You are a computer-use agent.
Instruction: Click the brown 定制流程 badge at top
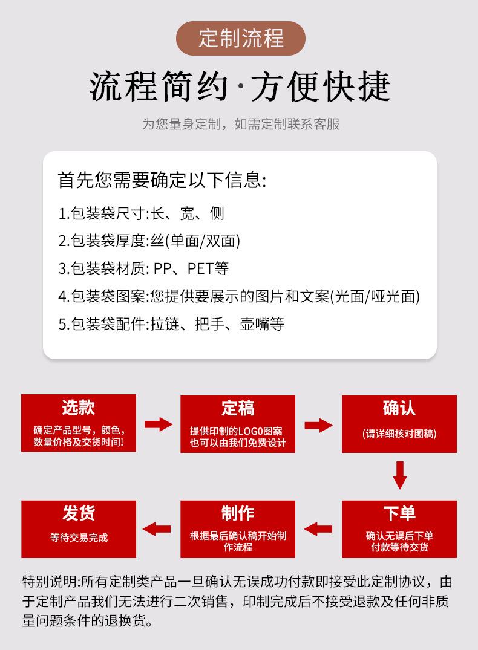(x=240, y=39)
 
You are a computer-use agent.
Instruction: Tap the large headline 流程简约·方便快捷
(x=240, y=86)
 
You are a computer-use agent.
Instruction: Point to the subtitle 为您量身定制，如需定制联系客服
(x=240, y=124)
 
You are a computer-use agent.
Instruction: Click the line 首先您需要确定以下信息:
(x=162, y=180)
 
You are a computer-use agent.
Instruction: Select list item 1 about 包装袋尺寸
(x=142, y=213)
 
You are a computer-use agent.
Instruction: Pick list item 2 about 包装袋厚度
(x=149, y=241)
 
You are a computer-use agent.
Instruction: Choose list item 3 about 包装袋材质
(x=143, y=269)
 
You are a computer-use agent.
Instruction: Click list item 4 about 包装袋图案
(x=239, y=297)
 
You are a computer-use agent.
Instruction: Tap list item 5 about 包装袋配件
(x=171, y=325)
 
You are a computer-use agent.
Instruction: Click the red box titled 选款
(x=79, y=423)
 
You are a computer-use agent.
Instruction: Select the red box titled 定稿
(x=238, y=424)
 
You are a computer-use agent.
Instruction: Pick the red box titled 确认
(x=399, y=424)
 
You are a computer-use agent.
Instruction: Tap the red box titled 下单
(x=399, y=529)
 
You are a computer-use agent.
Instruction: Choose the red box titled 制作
(x=238, y=529)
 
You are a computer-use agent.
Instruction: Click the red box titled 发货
(x=79, y=529)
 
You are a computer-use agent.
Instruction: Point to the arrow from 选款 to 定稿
(x=159, y=424)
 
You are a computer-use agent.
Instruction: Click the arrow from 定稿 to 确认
(x=318, y=425)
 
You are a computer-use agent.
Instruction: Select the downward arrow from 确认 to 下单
(x=399, y=475)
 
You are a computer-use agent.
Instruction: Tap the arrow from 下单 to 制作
(x=318, y=530)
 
